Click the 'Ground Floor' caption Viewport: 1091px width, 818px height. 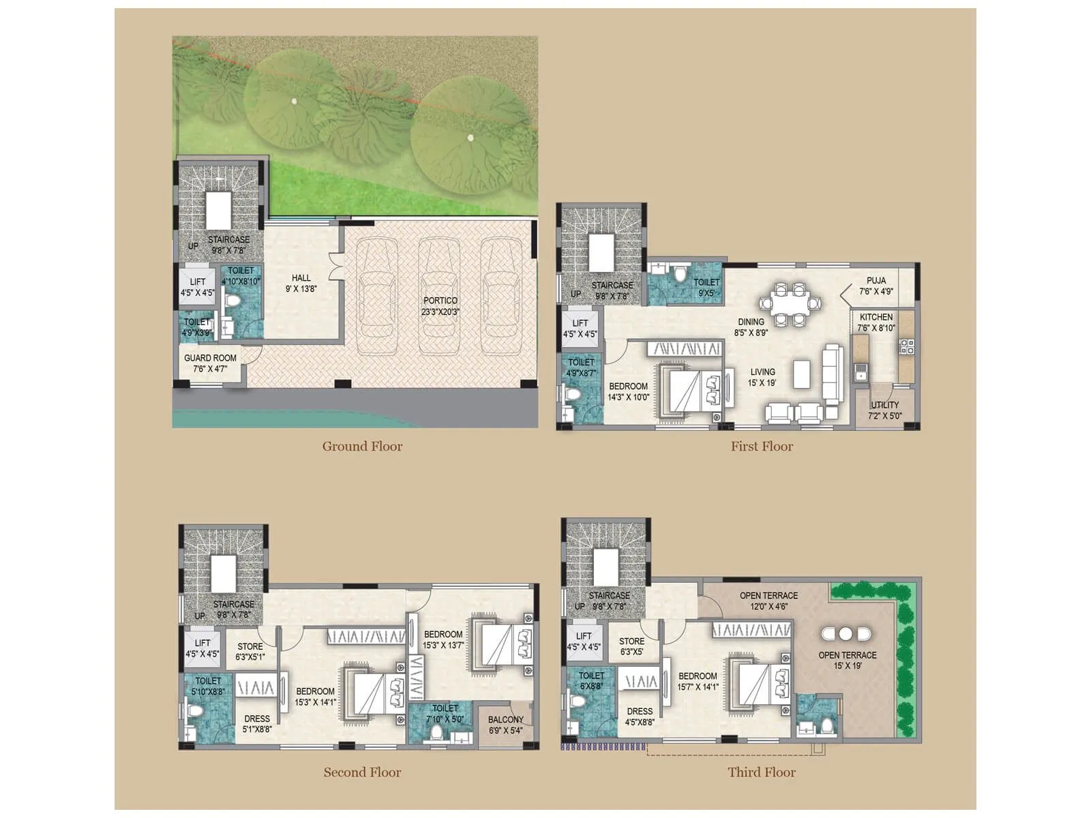[x=362, y=446]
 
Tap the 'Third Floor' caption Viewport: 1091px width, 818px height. [x=761, y=772]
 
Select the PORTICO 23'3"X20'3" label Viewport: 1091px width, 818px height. [x=440, y=306]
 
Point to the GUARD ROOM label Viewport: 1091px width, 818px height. [x=210, y=363]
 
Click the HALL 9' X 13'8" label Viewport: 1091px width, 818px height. [x=301, y=283]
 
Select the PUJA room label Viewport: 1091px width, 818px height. [x=876, y=286]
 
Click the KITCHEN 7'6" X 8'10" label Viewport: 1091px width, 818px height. [x=876, y=322]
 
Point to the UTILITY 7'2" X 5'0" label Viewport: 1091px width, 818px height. [x=884, y=410]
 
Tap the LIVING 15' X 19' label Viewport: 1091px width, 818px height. [x=762, y=377]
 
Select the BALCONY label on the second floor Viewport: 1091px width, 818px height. [x=505, y=725]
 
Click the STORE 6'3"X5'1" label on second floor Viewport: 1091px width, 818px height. [x=250, y=652]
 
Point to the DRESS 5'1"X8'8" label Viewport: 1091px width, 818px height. [x=257, y=724]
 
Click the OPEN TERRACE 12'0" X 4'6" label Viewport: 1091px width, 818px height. [x=768, y=601]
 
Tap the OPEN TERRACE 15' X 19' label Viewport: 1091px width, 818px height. [x=848, y=660]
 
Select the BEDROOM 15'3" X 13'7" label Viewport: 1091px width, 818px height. [x=443, y=639]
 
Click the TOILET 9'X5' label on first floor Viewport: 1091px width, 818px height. [x=706, y=288]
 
